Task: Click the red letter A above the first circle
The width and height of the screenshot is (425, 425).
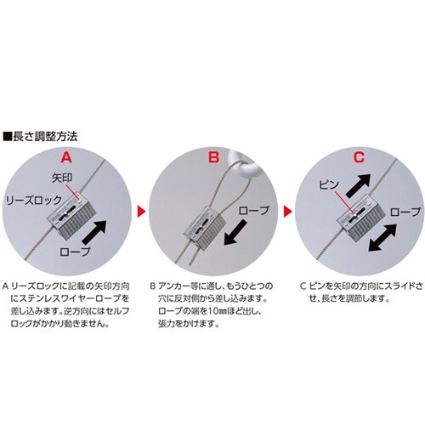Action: [x=68, y=156]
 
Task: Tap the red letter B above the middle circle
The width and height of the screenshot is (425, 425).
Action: [x=212, y=156]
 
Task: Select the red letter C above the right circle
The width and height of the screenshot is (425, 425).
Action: [x=359, y=156]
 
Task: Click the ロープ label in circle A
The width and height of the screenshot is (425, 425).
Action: [x=75, y=252]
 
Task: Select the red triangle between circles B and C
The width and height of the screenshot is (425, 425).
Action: [x=287, y=210]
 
